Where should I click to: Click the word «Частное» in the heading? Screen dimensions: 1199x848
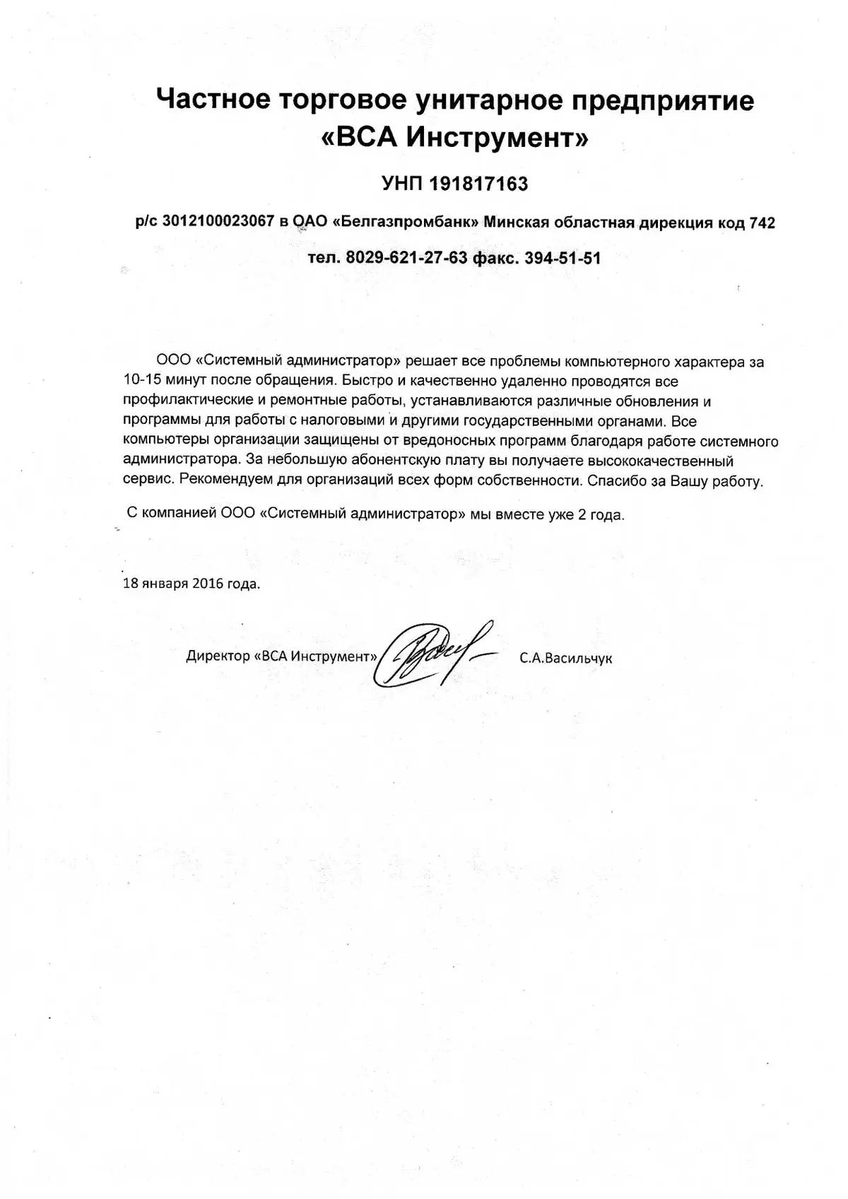(213, 100)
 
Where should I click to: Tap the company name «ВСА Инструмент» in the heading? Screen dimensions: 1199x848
(455, 138)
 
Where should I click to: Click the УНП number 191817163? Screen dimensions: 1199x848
(478, 184)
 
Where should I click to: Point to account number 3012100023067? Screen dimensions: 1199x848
(218, 222)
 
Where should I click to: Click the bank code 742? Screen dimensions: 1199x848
(762, 223)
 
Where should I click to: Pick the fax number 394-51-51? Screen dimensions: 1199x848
(563, 258)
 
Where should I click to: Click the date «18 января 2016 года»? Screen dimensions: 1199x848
(192, 584)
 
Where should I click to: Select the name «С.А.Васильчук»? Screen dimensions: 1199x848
(566, 658)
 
